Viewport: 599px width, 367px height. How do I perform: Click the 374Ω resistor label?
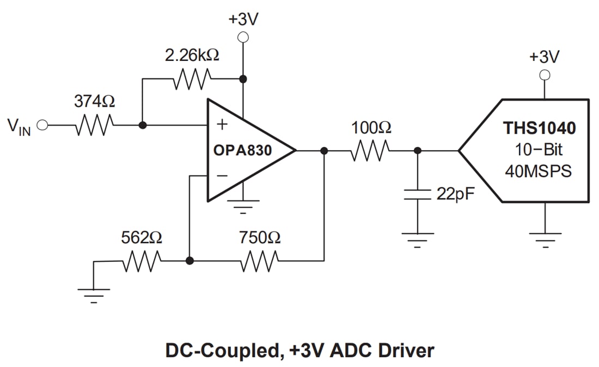coord(94,101)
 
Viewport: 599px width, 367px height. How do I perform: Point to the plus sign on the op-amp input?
coord(222,124)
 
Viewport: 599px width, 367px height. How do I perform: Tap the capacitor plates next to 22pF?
coord(418,195)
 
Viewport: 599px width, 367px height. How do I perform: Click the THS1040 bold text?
coord(539,129)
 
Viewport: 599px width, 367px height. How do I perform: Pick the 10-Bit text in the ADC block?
coord(539,150)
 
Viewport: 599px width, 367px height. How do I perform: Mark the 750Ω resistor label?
coord(260,237)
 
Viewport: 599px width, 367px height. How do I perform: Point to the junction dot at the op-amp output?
coord(325,151)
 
